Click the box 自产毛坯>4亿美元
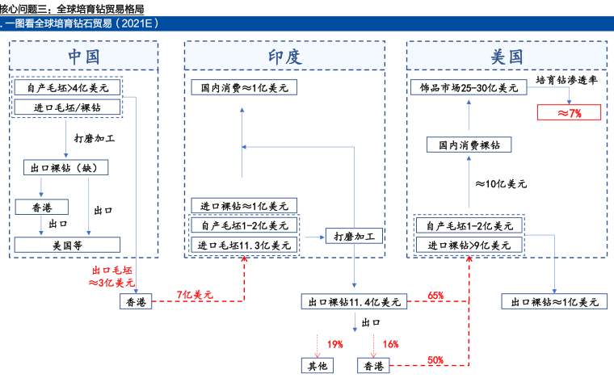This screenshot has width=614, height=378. [67, 86]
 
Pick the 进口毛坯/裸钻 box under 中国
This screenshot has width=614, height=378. [67, 107]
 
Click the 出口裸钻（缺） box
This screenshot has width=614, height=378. [68, 168]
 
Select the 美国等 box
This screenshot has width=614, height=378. [68, 244]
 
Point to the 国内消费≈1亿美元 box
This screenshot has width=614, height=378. [244, 86]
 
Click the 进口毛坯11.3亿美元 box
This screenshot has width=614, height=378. [244, 244]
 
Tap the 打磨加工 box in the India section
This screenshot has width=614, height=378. [353, 236]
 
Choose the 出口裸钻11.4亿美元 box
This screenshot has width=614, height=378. [354, 302]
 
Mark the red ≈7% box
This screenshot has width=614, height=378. [570, 112]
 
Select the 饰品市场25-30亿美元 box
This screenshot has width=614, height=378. [469, 86]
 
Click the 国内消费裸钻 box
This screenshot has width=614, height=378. [469, 146]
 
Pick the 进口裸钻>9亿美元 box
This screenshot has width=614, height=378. [469, 244]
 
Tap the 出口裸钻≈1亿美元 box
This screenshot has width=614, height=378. [554, 302]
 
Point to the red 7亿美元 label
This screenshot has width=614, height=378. [194, 296]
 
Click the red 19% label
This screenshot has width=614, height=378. [334, 344]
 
